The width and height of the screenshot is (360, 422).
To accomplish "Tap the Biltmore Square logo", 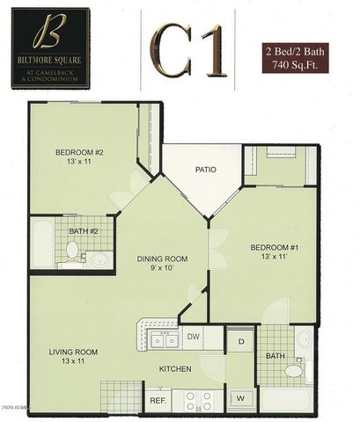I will coord(49,47).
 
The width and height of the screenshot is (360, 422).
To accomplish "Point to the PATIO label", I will coord(206,170).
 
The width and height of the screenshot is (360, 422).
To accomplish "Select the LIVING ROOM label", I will coord(72,352).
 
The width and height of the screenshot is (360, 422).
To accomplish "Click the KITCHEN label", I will coord(175,369).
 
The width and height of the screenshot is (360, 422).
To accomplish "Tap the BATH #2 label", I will coord(84,231).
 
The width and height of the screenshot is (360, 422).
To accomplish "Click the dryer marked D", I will coord(240,338).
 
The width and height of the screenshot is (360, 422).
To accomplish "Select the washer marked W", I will coord(240,398).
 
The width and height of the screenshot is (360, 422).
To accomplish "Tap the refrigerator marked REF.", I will coord(158,400).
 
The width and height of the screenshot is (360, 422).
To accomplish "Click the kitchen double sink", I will coord(163,338).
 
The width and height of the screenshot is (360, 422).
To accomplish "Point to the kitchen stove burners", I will coord(199,400).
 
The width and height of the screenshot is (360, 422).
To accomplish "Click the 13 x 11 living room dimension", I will coord(72,362).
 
